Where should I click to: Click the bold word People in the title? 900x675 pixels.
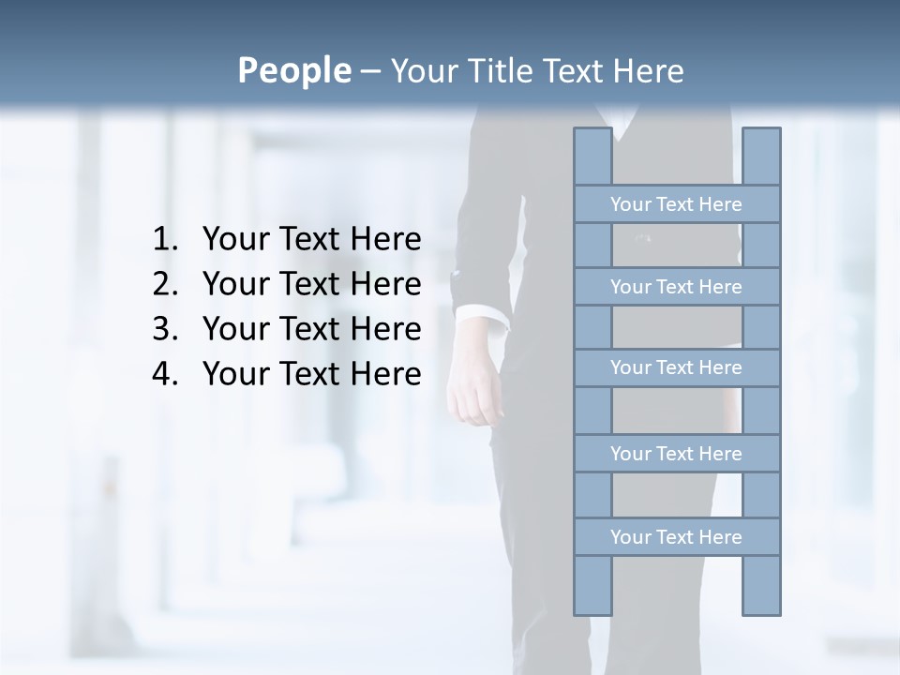(293, 70)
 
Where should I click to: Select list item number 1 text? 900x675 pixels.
(311, 240)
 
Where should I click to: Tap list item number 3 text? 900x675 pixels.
(311, 329)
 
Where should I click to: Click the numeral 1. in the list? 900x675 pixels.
(164, 240)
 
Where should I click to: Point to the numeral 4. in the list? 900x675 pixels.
(164, 374)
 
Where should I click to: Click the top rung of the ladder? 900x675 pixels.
(676, 204)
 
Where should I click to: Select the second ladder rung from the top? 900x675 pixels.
(676, 287)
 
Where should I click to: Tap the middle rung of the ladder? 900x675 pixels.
(676, 367)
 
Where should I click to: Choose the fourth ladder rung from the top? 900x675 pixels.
(676, 454)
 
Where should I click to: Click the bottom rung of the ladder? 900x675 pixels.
(676, 537)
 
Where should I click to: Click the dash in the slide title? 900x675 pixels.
(369, 71)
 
